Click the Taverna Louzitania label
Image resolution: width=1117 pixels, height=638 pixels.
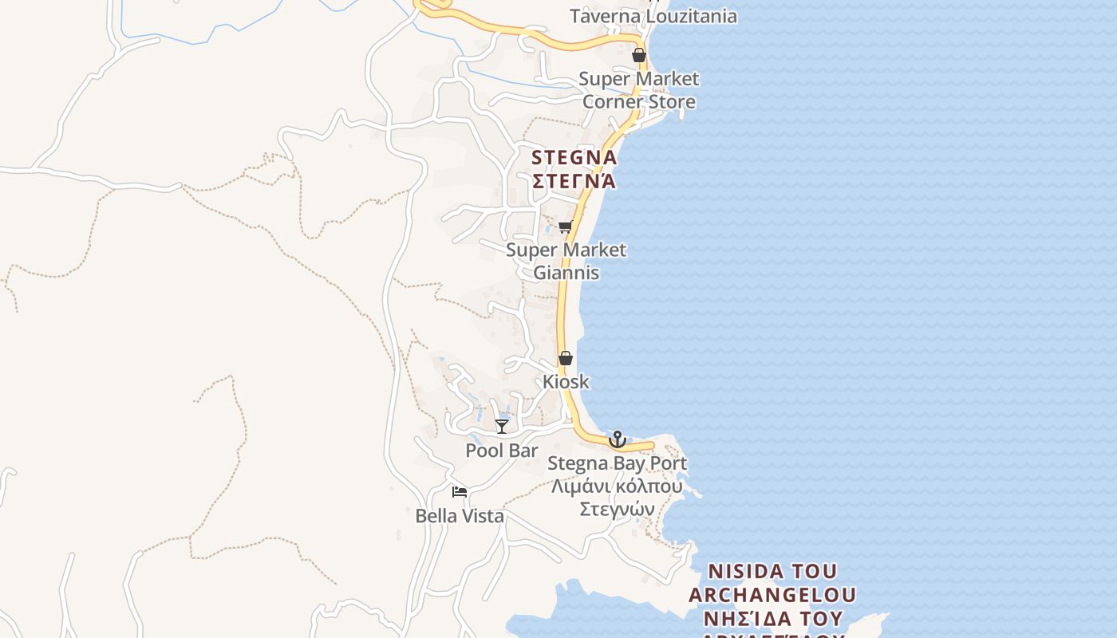pos(653,16)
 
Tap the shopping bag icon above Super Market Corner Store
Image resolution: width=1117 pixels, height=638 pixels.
pos(638,55)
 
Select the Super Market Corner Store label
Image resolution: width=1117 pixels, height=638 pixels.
pos(638,90)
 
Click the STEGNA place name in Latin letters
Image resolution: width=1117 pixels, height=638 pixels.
pos(574,157)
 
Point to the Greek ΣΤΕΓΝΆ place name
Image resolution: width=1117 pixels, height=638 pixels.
pos(574,181)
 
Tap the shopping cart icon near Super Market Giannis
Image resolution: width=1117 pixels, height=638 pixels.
pos(566,227)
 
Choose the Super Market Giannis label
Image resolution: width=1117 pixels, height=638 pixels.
pos(566,261)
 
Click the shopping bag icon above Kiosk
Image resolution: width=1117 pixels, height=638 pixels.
pos(566,358)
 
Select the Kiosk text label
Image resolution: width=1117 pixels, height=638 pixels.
pos(566,381)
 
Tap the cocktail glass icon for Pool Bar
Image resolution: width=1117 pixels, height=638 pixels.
pos(502,427)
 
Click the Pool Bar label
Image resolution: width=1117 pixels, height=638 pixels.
pos(502,451)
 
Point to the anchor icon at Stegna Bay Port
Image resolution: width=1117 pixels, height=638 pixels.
pos(617,439)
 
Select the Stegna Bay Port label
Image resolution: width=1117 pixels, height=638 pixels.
pos(617,463)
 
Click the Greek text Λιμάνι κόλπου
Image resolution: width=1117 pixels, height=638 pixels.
pos(617,486)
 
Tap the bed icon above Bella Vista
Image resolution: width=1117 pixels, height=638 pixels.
pos(460,492)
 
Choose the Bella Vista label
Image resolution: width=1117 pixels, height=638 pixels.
pos(460,516)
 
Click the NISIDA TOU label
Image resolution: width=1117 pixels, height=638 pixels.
pos(772,572)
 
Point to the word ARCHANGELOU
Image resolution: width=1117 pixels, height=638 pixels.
pos(772,595)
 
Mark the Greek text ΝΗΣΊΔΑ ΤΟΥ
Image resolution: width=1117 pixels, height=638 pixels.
pos(772,619)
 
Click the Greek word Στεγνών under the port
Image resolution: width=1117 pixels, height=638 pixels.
pos(617,510)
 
